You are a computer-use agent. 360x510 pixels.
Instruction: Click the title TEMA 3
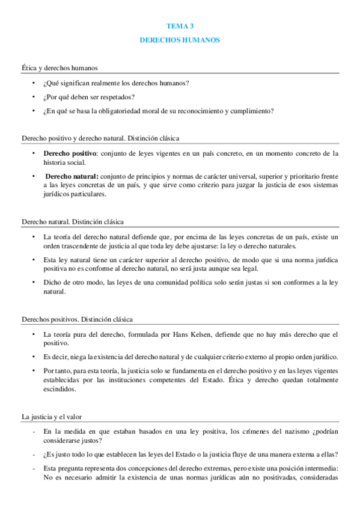[x=180, y=26]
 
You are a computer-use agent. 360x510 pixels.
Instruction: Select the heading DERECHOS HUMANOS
[x=180, y=40]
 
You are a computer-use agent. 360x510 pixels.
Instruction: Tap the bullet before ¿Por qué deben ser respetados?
[x=34, y=97]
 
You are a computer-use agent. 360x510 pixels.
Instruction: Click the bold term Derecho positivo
[x=66, y=153]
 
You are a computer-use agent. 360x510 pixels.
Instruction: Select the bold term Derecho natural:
[x=72, y=176]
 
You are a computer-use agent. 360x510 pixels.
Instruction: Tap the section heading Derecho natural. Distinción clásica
[x=73, y=222]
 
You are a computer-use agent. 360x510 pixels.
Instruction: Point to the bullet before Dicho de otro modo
[x=34, y=283]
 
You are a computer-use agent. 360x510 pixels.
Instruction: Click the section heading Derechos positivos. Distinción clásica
[x=77, y=319]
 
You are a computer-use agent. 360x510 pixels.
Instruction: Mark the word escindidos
[x=60, y=389]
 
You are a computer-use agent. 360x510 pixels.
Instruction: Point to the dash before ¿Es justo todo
[x=34, y=454]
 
